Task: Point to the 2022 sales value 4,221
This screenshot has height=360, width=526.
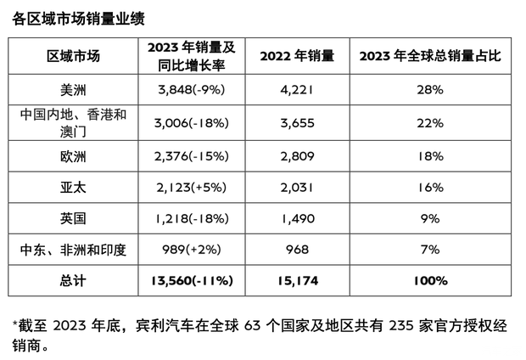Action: pos(297,90)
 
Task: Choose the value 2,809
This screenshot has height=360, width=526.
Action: pos(297,156)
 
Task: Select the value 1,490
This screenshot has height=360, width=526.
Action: pos(297,219)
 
